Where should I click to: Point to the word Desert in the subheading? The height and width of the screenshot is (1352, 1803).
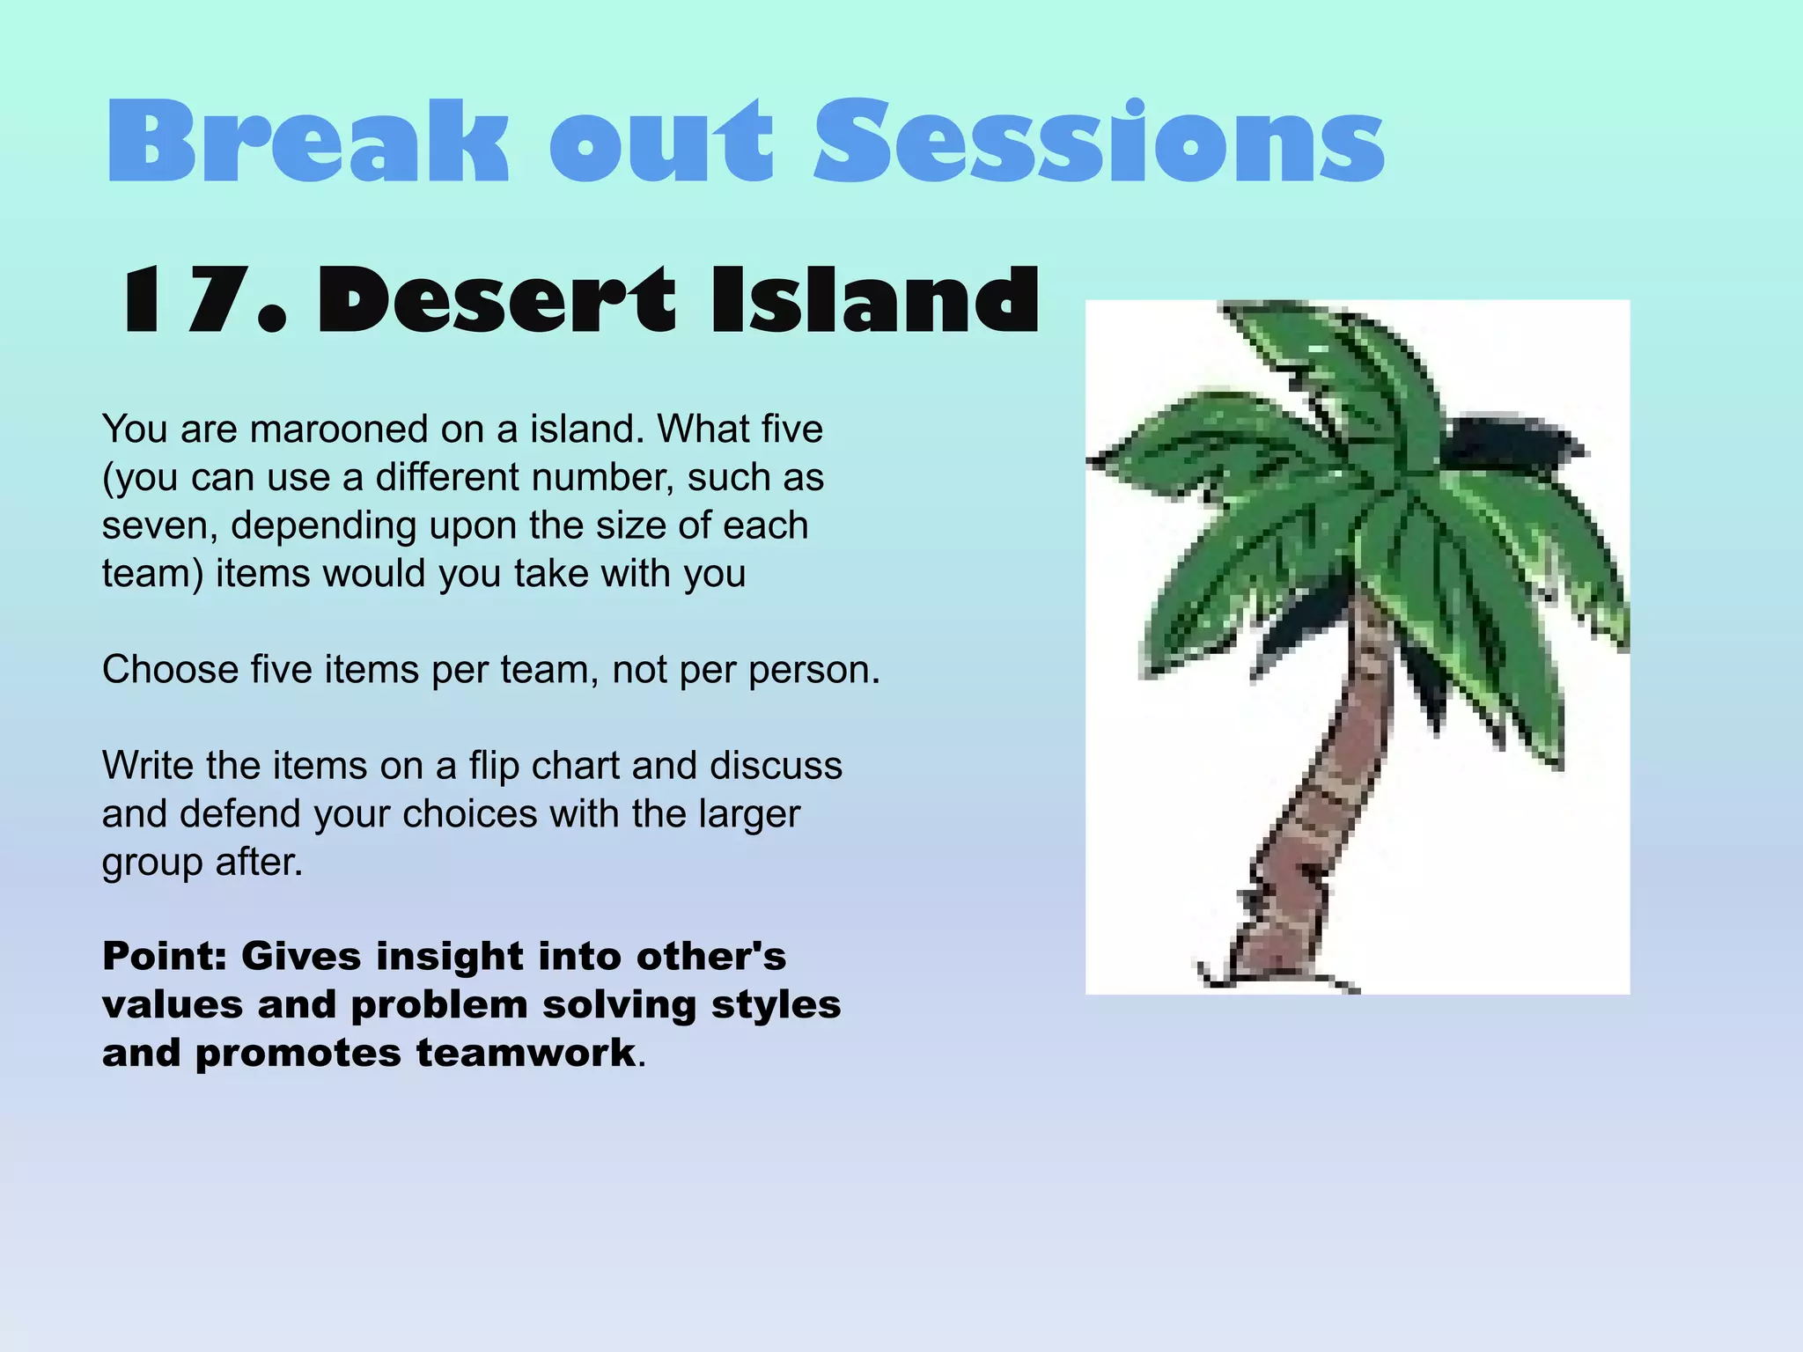point(497,301)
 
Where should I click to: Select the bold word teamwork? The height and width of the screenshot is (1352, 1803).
point(526,1053)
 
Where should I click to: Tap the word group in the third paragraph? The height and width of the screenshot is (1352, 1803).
point(151,863)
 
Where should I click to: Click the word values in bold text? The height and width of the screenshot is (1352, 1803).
point(172,1005)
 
